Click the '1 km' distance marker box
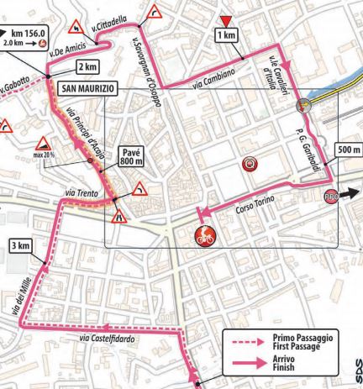coord(224,35)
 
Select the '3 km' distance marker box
coord(19,245)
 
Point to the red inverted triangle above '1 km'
coord(224,20)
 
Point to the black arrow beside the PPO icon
coord(352,192)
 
